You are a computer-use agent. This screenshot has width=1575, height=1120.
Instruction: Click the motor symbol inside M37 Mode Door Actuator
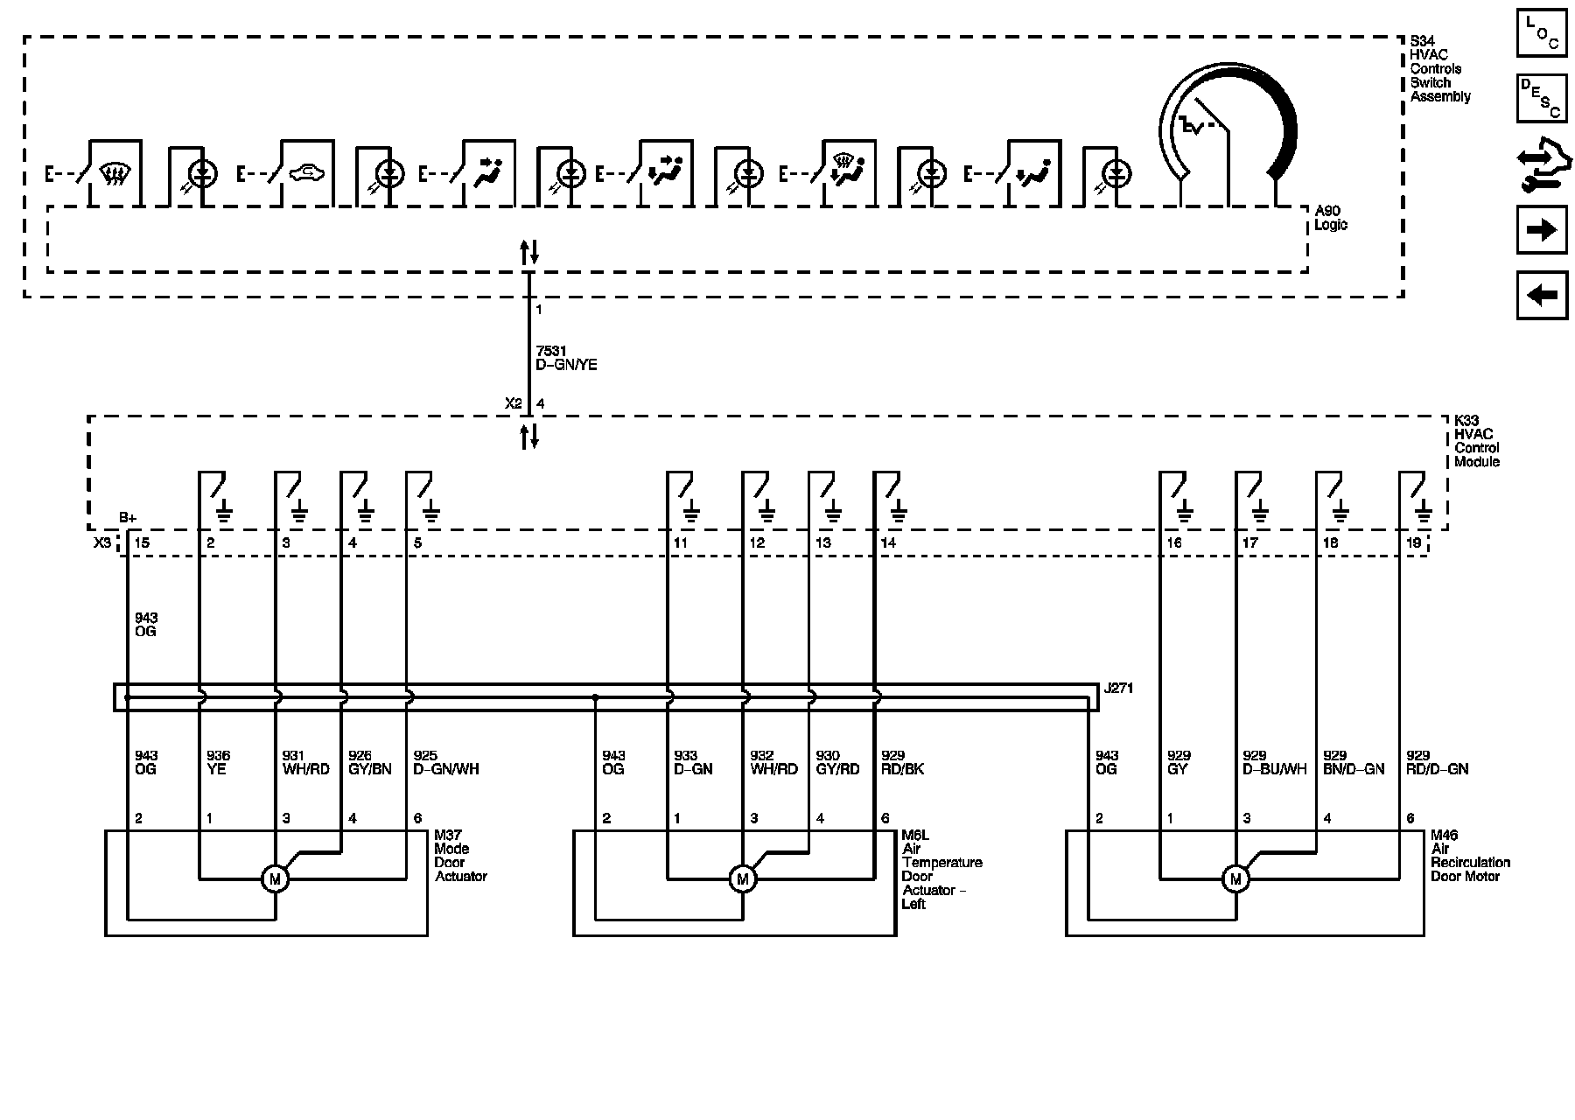275,878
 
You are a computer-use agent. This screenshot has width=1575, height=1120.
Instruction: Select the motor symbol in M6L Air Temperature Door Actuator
743,878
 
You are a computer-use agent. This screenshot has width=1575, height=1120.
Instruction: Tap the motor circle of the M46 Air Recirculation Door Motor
1235,878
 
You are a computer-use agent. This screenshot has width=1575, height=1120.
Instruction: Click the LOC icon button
1542,33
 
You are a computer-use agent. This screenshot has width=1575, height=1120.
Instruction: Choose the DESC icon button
1542,97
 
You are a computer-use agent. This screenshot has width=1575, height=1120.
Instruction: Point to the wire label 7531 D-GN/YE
566,358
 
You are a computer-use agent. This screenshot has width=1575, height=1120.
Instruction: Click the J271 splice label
1118,689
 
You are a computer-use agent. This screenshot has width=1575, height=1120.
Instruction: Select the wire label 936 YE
218,762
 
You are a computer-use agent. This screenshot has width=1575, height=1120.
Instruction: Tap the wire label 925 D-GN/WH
445,762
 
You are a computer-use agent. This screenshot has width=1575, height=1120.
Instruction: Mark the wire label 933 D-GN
693,762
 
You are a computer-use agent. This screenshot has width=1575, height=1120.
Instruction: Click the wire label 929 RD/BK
902,762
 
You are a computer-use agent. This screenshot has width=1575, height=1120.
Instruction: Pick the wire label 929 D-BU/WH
1274,762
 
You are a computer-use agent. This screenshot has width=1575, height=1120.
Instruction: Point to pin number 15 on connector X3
141,542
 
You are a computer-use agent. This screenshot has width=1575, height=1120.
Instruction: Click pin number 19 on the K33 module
1413,542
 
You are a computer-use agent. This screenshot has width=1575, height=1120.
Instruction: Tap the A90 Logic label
1331,218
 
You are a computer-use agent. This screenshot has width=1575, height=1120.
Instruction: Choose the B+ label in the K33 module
129,518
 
